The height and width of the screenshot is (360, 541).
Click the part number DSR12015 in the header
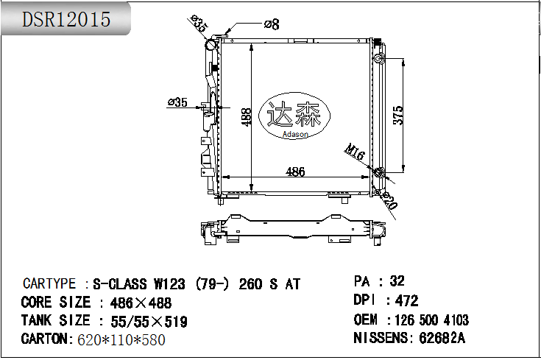66,19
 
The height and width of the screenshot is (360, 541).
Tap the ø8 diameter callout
272,24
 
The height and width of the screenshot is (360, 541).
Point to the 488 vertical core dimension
247,117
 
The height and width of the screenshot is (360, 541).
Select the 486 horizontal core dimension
295,172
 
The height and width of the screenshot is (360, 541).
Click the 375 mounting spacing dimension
398,116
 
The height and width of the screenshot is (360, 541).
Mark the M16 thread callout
355,152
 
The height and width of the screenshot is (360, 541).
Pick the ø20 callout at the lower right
389,201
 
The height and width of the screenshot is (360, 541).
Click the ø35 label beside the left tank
177,102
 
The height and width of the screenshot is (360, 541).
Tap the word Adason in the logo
295,134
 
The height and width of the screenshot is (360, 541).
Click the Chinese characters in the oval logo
294,114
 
